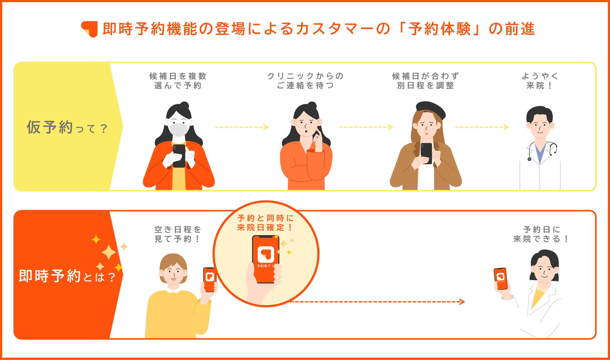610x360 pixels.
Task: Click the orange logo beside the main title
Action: click(x=89, y=29)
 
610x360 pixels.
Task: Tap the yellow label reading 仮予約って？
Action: click(x=67, y=127)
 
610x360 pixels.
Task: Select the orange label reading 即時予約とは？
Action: click(x=67, y=276)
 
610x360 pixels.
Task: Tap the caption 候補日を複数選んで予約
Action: click(x=178, y=81)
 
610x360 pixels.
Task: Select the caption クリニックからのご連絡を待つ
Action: click(x=305, y=81)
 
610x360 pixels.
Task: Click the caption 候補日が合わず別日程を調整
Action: click(x=425, y=81)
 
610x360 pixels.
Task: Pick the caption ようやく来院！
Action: click(x=540, y=81)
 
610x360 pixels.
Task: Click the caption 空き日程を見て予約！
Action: click(x=178, y=234)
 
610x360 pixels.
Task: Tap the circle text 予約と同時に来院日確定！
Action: click(x=265, y=223)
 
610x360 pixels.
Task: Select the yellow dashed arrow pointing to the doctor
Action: click(x=482, y=127)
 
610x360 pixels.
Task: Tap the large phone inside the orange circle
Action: click(x=266, y=258)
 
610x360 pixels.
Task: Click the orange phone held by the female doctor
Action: click(x=500, y=278)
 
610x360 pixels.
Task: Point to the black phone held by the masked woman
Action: click(x=179, y=155)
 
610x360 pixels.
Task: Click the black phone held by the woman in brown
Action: click(x=426, y=153)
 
